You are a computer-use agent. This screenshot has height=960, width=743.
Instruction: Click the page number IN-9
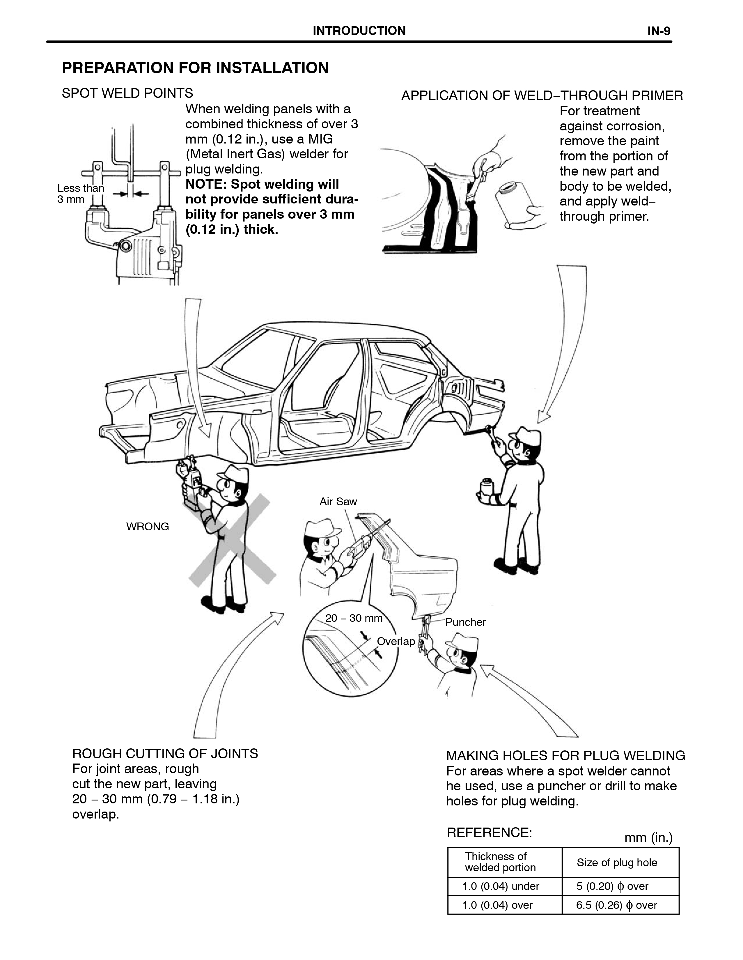[659, 31]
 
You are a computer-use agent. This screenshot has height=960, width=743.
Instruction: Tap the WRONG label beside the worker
[147, 527]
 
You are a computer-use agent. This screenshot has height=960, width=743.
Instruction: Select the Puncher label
[465, 622]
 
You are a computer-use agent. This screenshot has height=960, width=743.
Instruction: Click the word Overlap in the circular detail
[396, 641]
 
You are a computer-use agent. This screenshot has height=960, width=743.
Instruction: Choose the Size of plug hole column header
[617, 862]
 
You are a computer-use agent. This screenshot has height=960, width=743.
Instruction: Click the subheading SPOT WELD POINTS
[127, 93]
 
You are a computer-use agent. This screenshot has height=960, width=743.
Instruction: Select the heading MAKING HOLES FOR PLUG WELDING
[565, 756]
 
